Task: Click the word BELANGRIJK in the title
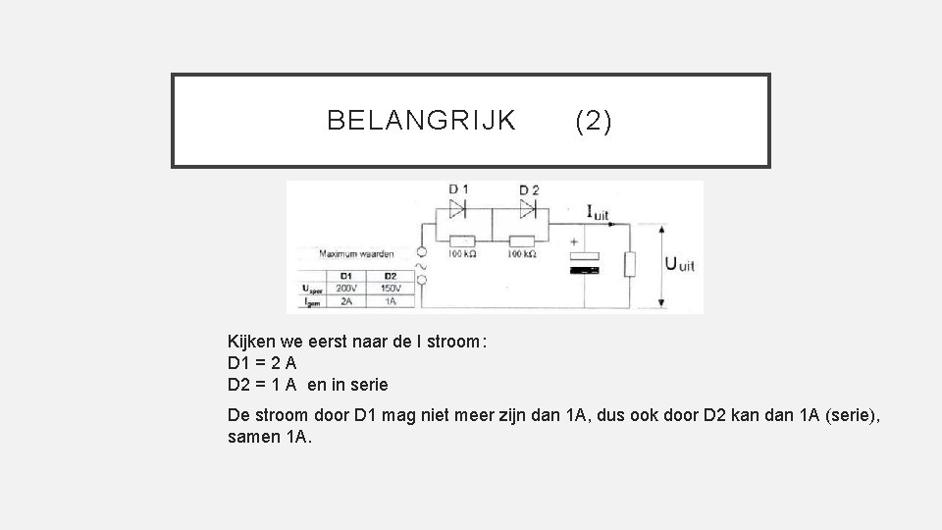[421, 121]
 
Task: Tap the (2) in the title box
[594, 121]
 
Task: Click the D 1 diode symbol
[458, 208]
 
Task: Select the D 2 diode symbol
[528, 208]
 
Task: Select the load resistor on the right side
[631, 263]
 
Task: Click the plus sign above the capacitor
[572, 242]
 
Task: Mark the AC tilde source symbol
[424, 265]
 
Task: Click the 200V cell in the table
[346, 289]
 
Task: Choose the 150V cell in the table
[391, 289]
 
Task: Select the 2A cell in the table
[346, 301]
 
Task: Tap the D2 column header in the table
[391, 276]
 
